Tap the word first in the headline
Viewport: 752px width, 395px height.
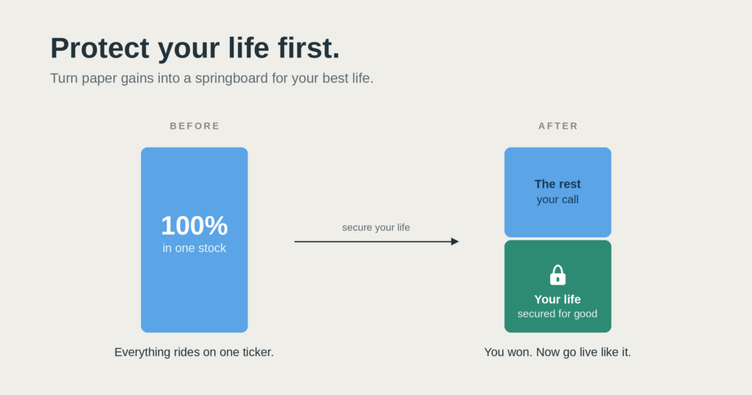pos(309,48)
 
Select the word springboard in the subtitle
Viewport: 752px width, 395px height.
pos(231,79)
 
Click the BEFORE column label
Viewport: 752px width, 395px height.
pos(195,126)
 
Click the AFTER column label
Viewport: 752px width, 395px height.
pos(558,126)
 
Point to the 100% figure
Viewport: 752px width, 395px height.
pos(194,225)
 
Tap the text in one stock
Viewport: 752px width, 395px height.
pos(194,248)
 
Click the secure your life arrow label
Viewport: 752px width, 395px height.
pos(376,227)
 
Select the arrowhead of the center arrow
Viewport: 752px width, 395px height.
pos(455,242)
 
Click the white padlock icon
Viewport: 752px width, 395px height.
pos(558,275)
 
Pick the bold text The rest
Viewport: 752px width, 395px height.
pos(558,184)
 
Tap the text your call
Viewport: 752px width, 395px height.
pos(558,200)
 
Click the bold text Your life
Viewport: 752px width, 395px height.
pos(558,299)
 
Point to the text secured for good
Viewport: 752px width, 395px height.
pos(557,314)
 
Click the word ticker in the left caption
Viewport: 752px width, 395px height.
pos(258,352)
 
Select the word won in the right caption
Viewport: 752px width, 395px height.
pos(521,352)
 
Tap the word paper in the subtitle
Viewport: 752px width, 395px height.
pos(99,79)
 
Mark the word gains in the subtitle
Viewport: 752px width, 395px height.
pos(137,79)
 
